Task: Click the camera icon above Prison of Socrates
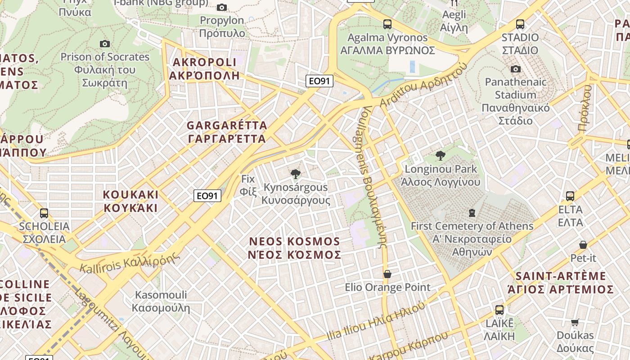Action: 105,44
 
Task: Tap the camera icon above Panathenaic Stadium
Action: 516,69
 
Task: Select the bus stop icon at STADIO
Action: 520,24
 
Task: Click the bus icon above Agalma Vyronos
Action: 387,24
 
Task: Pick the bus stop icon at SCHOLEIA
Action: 44,213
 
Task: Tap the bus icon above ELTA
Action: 570,196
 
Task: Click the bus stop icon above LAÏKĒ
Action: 499,310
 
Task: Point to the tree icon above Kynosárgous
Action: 296,174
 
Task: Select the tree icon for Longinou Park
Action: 441,156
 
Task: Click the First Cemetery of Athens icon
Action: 472,212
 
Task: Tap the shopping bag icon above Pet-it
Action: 583,245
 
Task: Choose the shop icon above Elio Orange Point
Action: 387,274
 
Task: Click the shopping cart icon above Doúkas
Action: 575,322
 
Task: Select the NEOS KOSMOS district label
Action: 295,248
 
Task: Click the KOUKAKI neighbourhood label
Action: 130,201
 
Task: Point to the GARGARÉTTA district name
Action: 227,132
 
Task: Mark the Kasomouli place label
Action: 161,301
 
